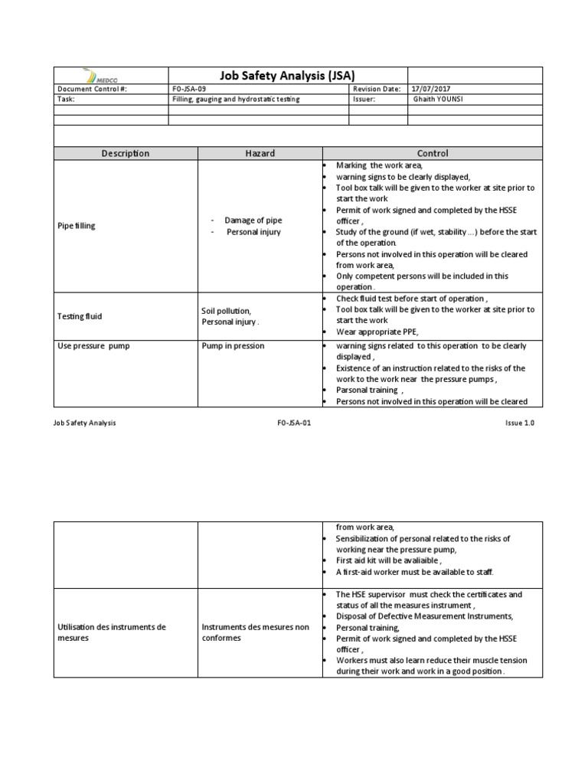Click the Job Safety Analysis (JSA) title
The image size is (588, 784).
pos(276,75)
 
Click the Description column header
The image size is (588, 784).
pos(126,153)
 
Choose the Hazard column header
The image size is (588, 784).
pos(260,153)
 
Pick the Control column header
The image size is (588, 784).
pos(433,153)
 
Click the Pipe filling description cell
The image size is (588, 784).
pos(77,226)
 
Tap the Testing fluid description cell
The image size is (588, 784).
pos(80,316)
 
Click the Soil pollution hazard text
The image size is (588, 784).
pos(226,311)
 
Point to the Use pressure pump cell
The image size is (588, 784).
pos(94,346)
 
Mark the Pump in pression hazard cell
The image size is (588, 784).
pos(233,346)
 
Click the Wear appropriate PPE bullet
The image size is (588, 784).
pos(380,332)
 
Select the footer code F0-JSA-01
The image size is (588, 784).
pos(294,423)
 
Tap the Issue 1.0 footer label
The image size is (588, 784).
pos(518,423)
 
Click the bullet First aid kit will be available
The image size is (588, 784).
pos(388,560)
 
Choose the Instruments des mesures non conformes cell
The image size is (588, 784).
pos(255,632)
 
